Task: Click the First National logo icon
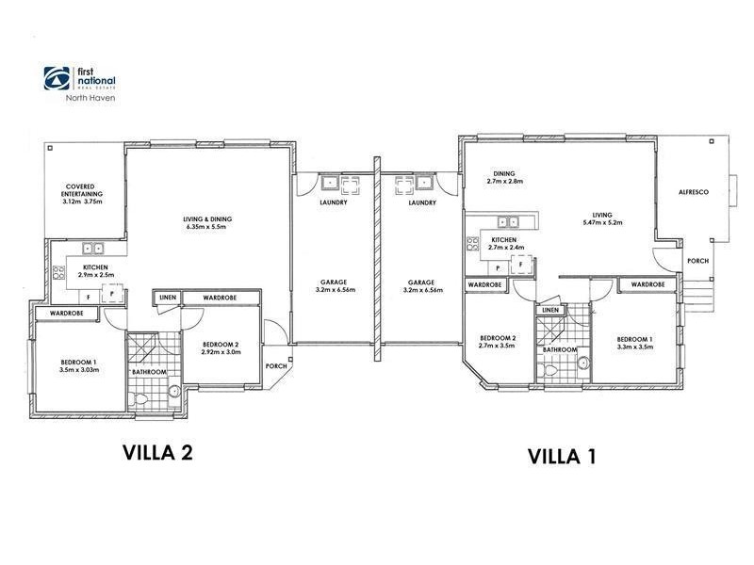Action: (x=57, y=78)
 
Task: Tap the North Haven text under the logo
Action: (x=90, y=98)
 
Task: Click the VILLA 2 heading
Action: (x=157, y=453)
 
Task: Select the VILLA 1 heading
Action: (x=562, y=457)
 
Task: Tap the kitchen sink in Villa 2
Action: (x=93, y=249)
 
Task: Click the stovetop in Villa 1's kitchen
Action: (x=473, y=244)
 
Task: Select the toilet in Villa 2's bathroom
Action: (x=139, y=398)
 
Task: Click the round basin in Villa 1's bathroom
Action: (x=583, y=363)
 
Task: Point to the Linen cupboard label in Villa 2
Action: (x=168, y=298)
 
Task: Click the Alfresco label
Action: (x=694, y=192)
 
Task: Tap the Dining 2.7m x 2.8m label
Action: (x=504, y=177)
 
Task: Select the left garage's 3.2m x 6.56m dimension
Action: (x=332, y=290)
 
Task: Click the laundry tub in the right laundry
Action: (x=424, y=183)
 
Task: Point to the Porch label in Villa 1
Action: (x=697, y=261)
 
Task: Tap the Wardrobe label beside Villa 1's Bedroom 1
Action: (x=647, y=284)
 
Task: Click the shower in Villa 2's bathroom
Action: (x=140, y=347)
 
